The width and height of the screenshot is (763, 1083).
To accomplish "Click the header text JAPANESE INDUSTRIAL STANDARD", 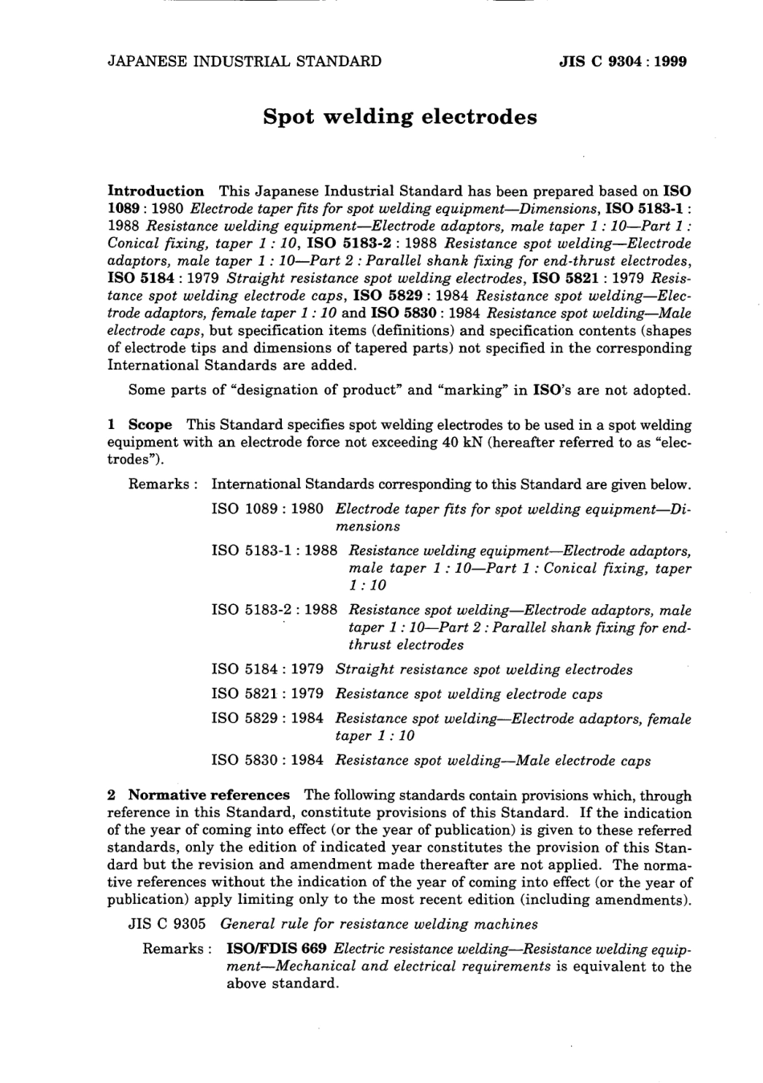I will [244, 61].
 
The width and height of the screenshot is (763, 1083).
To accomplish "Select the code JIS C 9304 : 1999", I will [622, 61].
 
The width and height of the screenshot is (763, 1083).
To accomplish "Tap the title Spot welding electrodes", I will [399, 117].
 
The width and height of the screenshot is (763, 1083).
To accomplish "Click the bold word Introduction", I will [156, 191].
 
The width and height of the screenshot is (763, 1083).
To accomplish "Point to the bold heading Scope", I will [150, 425].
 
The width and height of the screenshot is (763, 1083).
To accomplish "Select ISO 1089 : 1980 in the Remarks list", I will [267, 509].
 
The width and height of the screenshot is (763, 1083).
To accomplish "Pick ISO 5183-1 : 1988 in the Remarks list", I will [274, 551].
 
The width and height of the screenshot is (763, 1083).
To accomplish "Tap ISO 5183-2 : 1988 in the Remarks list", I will [274, 610].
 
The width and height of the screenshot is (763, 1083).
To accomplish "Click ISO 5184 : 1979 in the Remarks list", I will [267, 669].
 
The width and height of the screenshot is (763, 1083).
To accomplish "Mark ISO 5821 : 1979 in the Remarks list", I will [267, 693].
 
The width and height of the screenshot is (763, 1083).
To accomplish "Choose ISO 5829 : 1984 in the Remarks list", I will [267, 719].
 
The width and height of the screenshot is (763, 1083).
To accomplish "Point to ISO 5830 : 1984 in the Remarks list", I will [267, 760].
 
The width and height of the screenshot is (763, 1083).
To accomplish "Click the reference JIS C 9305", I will [168, 924].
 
